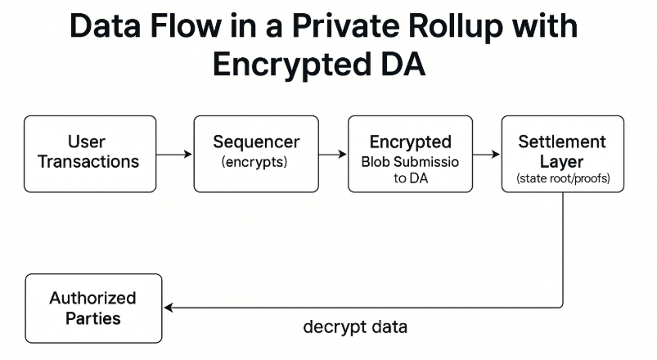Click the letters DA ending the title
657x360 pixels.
[403, 65]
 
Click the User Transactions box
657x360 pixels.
[90, 153]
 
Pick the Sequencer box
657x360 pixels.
[255, 153]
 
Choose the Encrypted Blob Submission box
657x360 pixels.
[410, 153]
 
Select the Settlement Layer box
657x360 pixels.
[562, 153]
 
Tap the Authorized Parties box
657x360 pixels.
[93, 307]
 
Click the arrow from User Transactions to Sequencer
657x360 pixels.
[174, 154]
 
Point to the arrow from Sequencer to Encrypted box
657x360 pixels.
[333, 154]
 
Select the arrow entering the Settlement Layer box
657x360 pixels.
[487, 154]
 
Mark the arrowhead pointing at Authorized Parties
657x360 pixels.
[169, 308]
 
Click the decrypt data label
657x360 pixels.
[355, 328]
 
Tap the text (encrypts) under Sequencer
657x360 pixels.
[254, 162]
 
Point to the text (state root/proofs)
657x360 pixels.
[562, 178]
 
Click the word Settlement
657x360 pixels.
[562, 142]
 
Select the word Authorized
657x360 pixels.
[92, 298]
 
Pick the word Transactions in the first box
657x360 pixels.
[90, 162]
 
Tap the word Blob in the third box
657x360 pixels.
[378, 161]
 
